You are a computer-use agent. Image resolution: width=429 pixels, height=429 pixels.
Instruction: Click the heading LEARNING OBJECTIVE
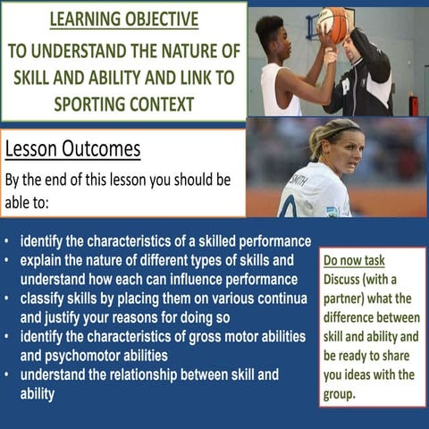[x=123, y=20]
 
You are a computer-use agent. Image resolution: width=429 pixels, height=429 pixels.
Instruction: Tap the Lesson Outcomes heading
[x=72, y=147]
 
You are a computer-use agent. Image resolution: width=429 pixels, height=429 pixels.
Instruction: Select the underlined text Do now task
[x=354, y=261]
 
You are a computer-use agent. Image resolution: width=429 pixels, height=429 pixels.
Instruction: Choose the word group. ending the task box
[x=341, y=392]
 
